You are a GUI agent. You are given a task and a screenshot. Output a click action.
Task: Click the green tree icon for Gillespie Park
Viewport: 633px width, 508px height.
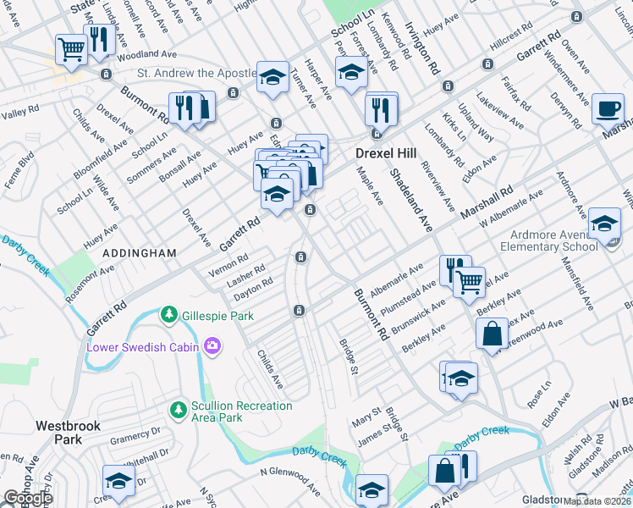pyautogui.click(x=169, y=315)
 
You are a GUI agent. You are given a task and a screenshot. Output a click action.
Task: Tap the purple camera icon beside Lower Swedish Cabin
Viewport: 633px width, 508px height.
pyautogui.click(x=212, y=345)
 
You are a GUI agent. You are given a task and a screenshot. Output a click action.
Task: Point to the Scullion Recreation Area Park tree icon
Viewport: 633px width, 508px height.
pyautogui.click(x=178, y=411)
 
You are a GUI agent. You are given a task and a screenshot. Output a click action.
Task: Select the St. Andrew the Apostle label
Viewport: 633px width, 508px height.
pyautogui.click(x=196, y=74)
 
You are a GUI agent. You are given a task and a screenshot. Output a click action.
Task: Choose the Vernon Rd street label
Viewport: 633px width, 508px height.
pyautogui.click(x=228, y=259)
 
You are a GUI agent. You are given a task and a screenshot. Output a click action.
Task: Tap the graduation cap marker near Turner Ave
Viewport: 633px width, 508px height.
pyautogui.click(x=272, y=76)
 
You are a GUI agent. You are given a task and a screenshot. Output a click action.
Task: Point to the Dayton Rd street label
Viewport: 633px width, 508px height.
pyautogui.click(x=254, y=286)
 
